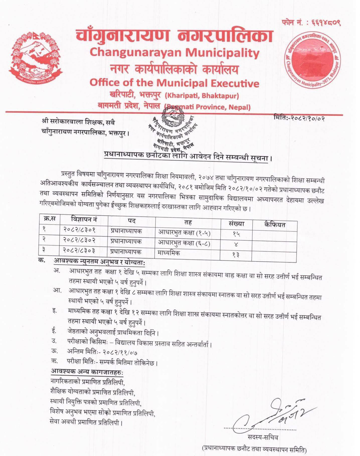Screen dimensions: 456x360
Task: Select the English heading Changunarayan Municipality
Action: pos(174,53)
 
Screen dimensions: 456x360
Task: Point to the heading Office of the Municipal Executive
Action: pos(174,83)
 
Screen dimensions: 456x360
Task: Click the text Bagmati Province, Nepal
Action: pos(208,107)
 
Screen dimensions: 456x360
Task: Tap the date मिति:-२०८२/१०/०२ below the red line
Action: pos(299,117)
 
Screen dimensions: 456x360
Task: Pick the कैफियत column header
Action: pos(274,225)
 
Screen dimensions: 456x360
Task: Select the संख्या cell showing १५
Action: pos(236,234)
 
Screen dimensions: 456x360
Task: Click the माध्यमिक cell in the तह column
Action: pos(168,253)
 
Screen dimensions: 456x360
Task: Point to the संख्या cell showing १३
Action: pos(236,255)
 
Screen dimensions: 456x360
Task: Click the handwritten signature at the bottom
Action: pos(274,414)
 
